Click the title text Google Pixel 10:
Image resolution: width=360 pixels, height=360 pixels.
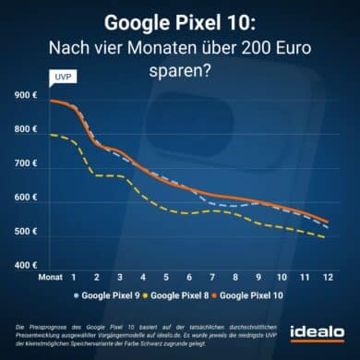(x=180, y=21)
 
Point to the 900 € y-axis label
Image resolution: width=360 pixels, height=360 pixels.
(x=26, y=96)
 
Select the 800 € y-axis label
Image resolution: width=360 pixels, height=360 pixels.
(x=26, y=130)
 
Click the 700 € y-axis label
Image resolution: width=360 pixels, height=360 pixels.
(x=26, y=164)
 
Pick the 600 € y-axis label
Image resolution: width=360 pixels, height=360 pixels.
(x=26, y=198)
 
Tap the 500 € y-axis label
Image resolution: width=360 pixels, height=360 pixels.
(x=26, y=233)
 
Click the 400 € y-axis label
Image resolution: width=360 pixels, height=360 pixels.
(x=26, y=266)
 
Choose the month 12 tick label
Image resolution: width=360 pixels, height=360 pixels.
(x=329, y=276)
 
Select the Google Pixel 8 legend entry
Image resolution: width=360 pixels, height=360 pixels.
(x=191, y=294)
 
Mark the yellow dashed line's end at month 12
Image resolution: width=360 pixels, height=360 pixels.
(x=324, y=238)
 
